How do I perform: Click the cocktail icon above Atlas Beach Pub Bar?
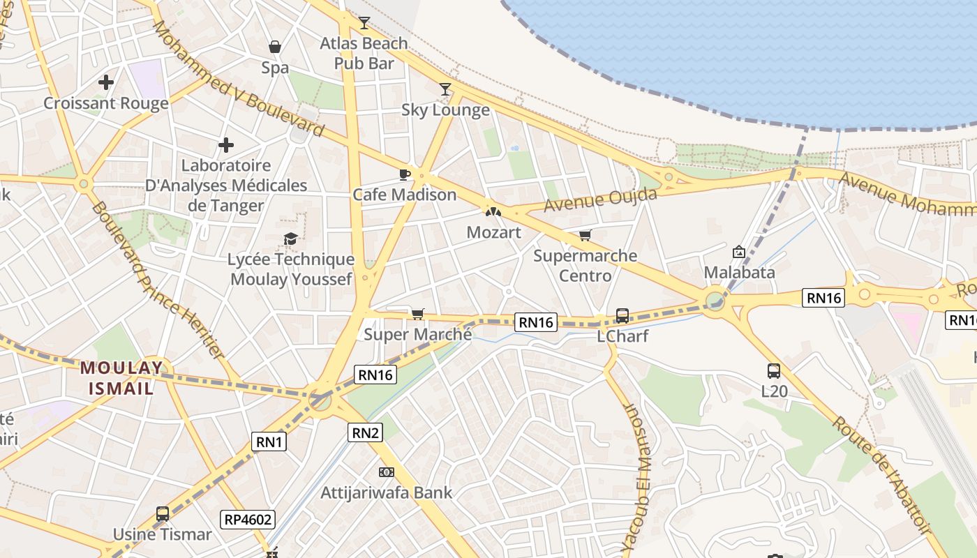[x=364, y=23]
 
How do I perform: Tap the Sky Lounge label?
[x=445, y=110]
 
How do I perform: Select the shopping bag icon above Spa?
[x=275, y=47]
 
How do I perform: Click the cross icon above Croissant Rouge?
[x=106, y=82]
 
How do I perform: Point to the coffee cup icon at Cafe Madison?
[x=404, y=174]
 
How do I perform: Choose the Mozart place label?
[x=493, y=232]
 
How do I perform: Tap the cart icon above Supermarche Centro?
[x=585, y=236]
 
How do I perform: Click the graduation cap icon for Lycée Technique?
[x=290, y=239]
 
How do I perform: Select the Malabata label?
[x=740, y=272]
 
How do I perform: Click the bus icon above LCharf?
[x=622, y=316]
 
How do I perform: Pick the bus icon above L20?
[x=774, y=371]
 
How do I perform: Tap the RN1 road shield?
[x=269, y=441]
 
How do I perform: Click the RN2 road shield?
[x=366, y=432]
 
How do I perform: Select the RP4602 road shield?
[x=248, y=519]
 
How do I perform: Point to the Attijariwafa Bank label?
[x=387, y=492]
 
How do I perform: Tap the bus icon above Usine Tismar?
[x=163, y=514]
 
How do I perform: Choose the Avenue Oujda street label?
[x=600, y=200]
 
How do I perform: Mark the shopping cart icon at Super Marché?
[x=417, y=315]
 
